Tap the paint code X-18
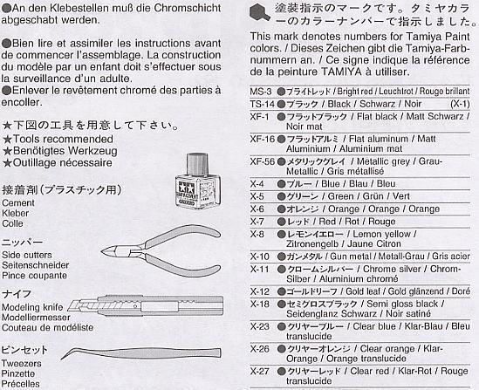point(259,303)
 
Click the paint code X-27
point(259,371)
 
